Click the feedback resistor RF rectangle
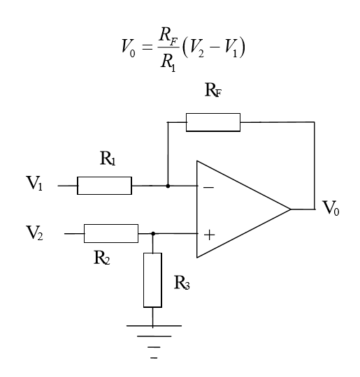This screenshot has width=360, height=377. (x=213, y=123)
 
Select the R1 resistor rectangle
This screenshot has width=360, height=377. (x=104, y=186)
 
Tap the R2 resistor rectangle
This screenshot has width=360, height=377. (x=110, y=233)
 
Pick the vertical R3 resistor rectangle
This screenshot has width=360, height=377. (x=153, y=280)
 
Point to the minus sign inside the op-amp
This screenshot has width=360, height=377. (x=208, y=186)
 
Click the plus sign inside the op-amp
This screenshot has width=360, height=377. (x=208, y=235)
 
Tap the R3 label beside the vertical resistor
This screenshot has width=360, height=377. (x=182, y=284)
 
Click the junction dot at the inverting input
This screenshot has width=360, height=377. (x=168, y=186)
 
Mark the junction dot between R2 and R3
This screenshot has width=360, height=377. (x=153, y=234)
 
